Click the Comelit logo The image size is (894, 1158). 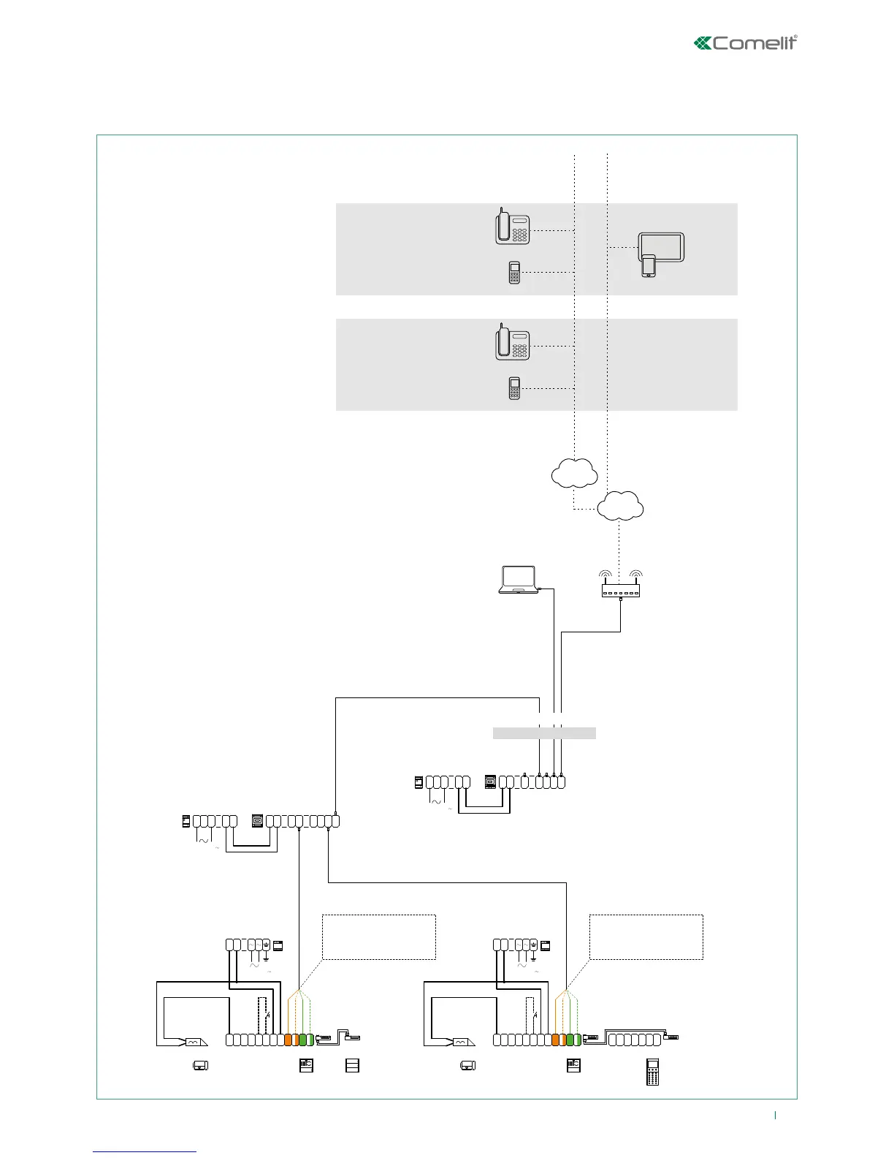pos(745,43)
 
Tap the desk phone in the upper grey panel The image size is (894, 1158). pos(512,227)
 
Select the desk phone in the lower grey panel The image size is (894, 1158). pos(512,343)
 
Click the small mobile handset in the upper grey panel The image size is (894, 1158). pos(514,272)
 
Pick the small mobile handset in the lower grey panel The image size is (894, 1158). pos(514,388)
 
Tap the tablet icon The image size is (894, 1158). pos(662,247)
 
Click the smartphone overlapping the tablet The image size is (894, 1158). pos(649,265)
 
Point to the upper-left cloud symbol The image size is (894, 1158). pos(575,472)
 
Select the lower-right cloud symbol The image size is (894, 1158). pos(620,505)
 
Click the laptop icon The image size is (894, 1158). pos(518,580)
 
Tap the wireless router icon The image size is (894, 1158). pos(621,589)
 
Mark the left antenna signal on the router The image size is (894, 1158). pos(605,575)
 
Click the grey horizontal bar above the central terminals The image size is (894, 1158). pos(544,733)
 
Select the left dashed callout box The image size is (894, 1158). pos(379,936)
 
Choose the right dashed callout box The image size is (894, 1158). pos(646,936)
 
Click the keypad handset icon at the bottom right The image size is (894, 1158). pos(653,1071)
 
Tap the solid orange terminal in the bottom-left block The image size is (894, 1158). pos(288,1040)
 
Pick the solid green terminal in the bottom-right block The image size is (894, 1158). pos(570,1040)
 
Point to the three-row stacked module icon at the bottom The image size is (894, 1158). pos(352,1065)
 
